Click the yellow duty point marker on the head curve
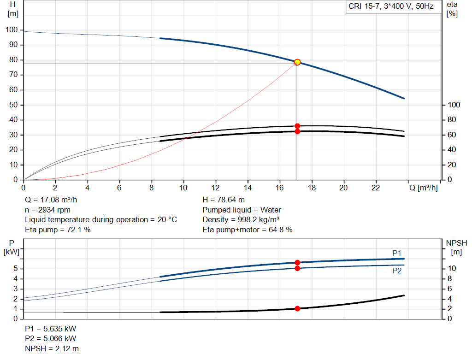[297, 62]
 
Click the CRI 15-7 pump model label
[389, 7]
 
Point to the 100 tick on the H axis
[12, 30]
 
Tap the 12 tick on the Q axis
[215, 188]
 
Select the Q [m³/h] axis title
[424, 188]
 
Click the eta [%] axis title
[452, 9]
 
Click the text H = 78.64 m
[224, 200]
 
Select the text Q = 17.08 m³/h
[51, 200]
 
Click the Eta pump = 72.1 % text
[58, 230]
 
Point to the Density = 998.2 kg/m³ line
[241, 220]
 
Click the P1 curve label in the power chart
[397, 253]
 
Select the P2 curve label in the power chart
[397, 271]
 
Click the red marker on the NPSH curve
[297, 308]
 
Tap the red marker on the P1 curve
[297, 262]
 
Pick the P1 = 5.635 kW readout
[51, 329]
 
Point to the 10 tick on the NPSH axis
[452, 269]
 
